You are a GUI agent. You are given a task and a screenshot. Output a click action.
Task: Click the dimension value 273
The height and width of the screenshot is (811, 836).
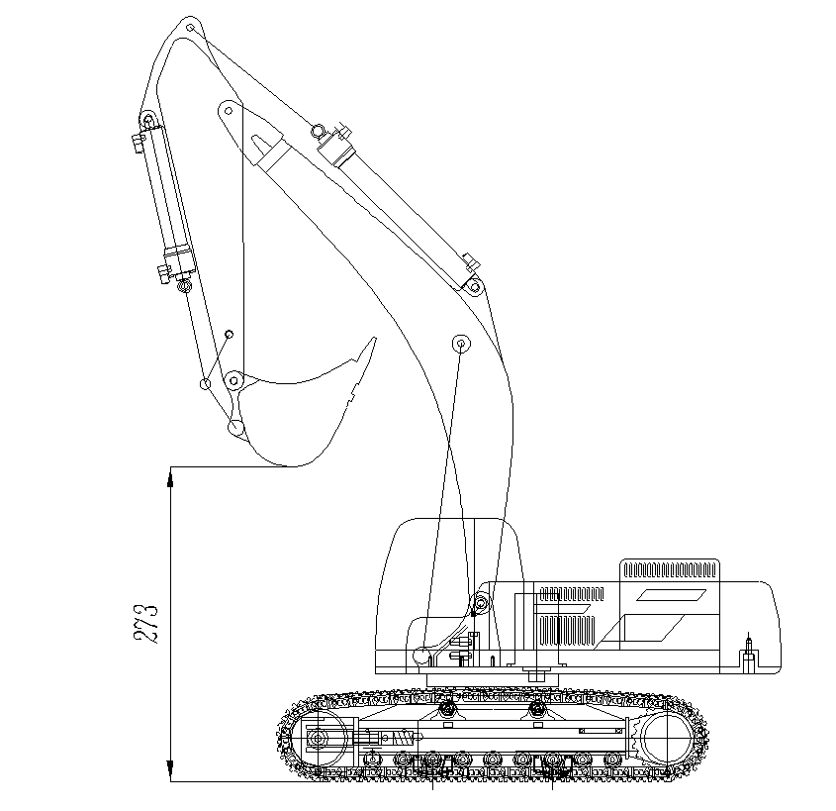pyautogui.click(x=145, y=624)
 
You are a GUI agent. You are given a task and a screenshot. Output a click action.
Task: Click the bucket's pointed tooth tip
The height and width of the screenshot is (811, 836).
pyautogui.click(x=375, y=338)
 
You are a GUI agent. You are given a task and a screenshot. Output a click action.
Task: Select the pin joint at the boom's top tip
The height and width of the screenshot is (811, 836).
pyautogui.click(x=190, y=27)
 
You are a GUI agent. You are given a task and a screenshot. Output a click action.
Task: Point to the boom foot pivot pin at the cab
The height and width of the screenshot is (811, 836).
pyautogui.click(x=481, y=603)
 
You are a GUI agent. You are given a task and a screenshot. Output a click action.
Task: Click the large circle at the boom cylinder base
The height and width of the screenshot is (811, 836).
pyautogui.click(x=423, y=656)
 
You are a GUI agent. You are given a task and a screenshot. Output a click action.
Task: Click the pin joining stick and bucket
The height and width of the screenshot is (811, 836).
pyautogui.click(x=233, y=381)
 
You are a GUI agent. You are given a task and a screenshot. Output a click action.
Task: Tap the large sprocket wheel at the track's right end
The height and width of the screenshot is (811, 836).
pyautogui.click(x=666, y=739)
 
